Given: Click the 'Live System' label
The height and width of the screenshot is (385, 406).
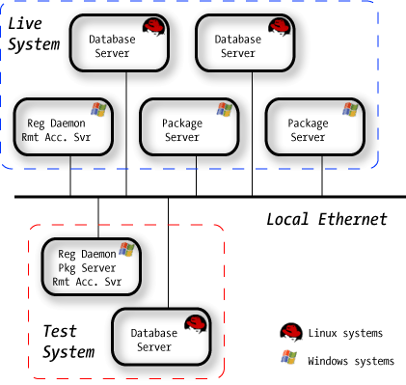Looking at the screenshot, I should coord(34,34).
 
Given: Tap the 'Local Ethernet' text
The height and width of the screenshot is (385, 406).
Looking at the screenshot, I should coord(326,219).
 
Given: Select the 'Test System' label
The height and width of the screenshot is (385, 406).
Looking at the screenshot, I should coord(68,341).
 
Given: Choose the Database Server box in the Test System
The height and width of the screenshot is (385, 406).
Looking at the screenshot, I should coord(160,339).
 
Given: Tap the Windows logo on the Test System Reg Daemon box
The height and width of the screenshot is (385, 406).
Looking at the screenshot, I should coord(125,251).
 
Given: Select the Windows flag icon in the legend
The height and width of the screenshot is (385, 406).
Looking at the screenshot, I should coord(288,359).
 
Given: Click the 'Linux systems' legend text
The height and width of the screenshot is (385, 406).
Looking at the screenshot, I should coord(345,333).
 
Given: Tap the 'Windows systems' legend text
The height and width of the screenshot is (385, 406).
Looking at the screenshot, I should coord(350,361).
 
